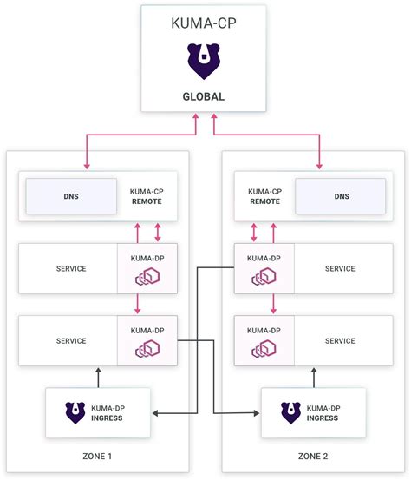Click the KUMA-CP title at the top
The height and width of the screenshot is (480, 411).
(205, 22)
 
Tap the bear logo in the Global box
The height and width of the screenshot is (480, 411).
(205, 61)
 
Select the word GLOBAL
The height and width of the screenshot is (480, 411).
(205, 96)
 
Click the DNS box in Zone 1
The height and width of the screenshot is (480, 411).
(70, 196)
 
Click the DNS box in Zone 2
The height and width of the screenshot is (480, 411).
(340, 196)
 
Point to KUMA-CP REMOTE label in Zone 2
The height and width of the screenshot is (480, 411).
(264, 195)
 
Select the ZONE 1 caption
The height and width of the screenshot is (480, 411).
(97, 456)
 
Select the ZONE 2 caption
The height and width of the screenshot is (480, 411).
(314, 456)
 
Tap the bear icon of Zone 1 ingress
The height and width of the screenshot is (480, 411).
(75, 411)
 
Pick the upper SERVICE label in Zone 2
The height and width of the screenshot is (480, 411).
(341, 268)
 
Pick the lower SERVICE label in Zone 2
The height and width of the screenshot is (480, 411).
(341, 340)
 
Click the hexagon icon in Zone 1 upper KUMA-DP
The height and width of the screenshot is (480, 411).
(147, 277)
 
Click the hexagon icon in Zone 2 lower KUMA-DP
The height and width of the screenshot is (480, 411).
(264, 349)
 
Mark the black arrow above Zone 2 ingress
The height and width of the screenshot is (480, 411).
(314, 376)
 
